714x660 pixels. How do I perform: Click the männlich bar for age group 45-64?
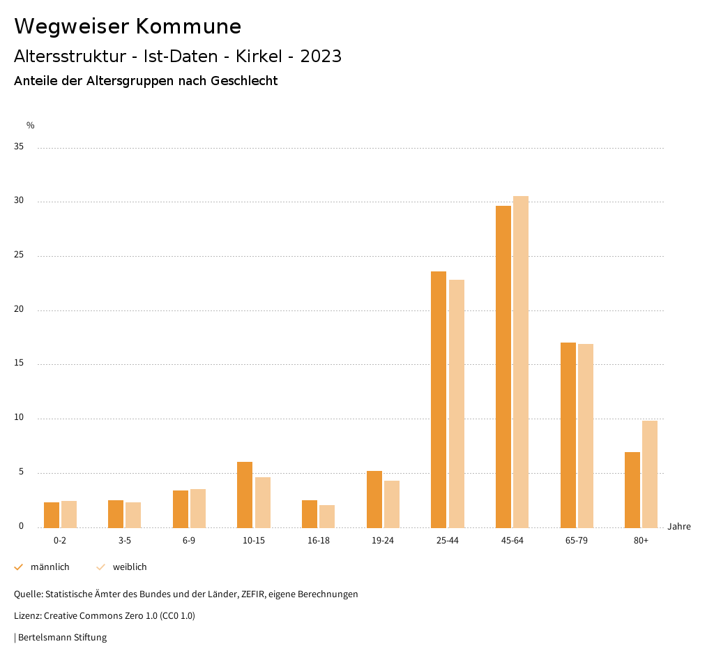point(503,366)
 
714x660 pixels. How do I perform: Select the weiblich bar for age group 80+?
point(650,474)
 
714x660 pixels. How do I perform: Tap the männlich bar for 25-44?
point(439,399)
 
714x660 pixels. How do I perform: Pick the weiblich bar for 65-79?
point(586,435)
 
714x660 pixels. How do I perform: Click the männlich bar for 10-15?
point(245,495)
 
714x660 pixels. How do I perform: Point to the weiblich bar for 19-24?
point(392,504)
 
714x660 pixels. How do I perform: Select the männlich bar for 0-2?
point(52,515)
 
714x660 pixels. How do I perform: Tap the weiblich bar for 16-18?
point(327,516)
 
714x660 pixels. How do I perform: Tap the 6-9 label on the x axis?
point(189,541)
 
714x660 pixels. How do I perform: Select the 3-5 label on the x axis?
point(125,541)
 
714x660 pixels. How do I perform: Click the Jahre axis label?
point(678,527)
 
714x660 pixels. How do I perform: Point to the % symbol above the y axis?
point(31,126)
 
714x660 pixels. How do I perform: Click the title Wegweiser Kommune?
point(128,27)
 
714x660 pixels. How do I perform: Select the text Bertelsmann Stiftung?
point(62,638)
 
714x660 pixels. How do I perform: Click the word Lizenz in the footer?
point(28,616)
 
